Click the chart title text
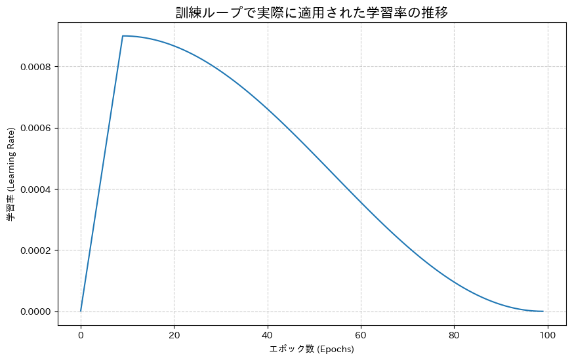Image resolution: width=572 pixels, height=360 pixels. coord(312,12)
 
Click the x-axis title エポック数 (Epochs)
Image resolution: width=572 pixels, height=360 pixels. coord(312,349)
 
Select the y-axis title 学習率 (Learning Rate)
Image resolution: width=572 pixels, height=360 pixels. coord(11,174)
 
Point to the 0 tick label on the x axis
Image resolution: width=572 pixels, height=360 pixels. coord(81,334)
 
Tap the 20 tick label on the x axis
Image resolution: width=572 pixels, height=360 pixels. coord(174,334)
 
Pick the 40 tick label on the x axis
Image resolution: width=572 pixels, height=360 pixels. coord(268,334)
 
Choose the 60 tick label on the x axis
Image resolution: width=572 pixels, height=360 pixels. coord(361,334)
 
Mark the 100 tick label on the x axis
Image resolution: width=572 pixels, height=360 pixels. coord(548,334)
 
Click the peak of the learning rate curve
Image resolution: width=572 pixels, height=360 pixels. coord(123,36)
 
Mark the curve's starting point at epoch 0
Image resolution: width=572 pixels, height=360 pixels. coord(81,311)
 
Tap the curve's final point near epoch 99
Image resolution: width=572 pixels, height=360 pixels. coord(543,311)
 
